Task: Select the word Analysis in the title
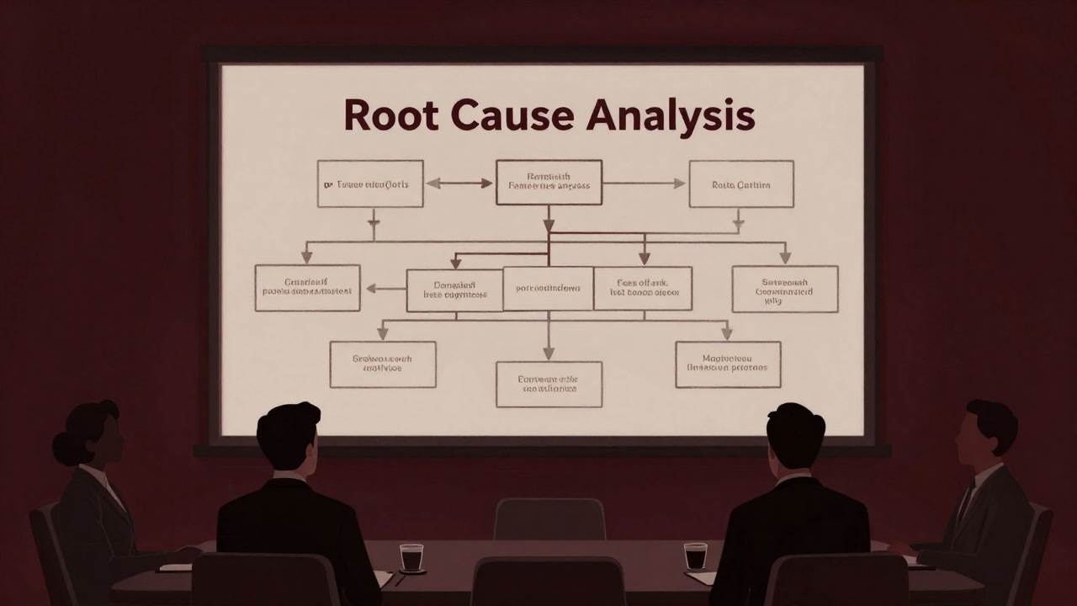coord(670,117)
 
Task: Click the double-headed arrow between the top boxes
coord(459,183)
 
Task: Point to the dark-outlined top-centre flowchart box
coord(549,183)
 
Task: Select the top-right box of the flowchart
coord(740,183)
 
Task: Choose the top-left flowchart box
coord(370,183)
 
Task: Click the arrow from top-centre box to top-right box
coord(645,183)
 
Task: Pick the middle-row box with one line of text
coord(548,289)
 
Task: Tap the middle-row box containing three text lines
coord(784,289)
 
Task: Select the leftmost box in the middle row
coord(307,288)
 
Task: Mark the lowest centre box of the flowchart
coord(549,385)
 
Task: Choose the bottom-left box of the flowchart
coord(382,364)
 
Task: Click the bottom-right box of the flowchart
coord(728,364)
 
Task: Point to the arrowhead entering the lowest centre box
coord(549,354)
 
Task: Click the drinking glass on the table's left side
coord(411,558)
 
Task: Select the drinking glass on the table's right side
coord(695,555)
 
